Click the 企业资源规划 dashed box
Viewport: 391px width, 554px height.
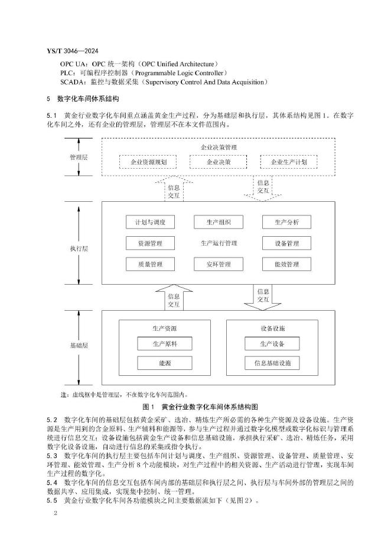tap(144, 162)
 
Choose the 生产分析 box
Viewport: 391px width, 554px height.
tap(287, 222)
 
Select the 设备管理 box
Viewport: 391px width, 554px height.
tap(287, 243)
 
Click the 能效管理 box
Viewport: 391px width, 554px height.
tap(287, 264)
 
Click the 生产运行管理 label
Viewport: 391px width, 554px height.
tap(219, 243)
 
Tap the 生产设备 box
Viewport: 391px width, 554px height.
tap(272, 344)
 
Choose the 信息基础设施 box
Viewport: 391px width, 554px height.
tap(272, 363)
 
